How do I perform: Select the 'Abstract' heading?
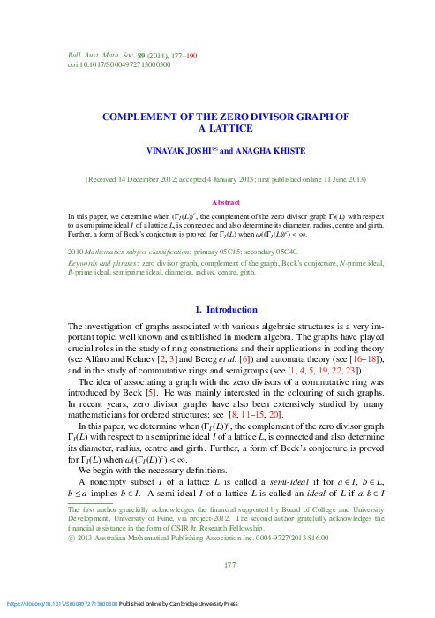point(217,200)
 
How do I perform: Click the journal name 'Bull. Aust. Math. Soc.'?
point(94,56)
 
